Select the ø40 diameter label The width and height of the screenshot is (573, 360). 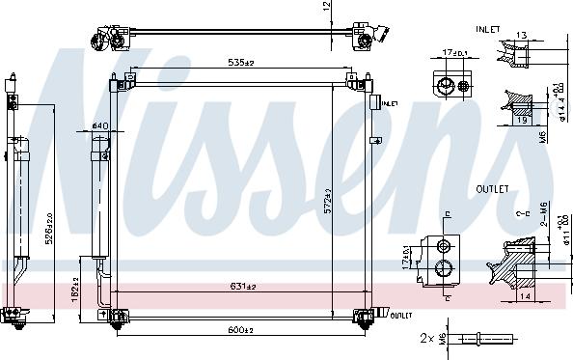[99, 125]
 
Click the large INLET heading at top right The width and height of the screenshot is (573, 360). [488, 30]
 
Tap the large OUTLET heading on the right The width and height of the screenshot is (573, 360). [493, 189]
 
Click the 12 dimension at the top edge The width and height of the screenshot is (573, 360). [327, 8]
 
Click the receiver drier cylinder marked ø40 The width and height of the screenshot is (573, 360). [99, 193]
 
